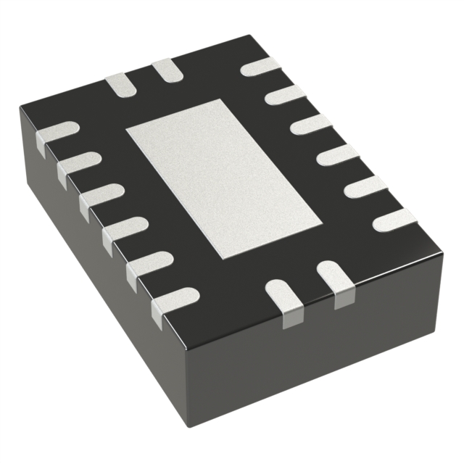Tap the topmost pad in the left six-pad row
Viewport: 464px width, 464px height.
57,133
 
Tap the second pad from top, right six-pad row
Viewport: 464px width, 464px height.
285,95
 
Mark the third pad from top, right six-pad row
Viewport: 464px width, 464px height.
311,124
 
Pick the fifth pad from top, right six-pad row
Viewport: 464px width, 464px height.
365,186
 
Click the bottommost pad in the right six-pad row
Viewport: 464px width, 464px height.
394,218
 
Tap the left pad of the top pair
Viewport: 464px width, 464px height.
120,85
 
